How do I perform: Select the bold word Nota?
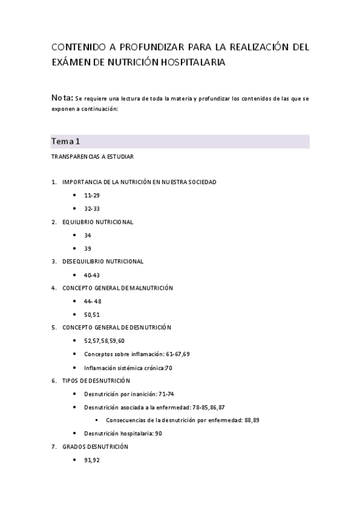coord(62,97)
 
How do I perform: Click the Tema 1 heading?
coord(66,141)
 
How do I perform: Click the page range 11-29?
coord(92,195)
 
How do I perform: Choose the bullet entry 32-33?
coord(92,209)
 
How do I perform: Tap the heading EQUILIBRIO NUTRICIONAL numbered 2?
coord(97,222)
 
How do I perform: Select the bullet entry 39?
coord(88,248)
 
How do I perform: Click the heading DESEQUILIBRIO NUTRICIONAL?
coord(103,262)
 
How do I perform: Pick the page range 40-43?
coord(92,275)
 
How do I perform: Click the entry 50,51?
coord(92,315)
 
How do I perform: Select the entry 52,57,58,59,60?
coord(105,341)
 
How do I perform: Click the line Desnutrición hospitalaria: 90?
coord(123,434)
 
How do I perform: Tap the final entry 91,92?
coord(91,460)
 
